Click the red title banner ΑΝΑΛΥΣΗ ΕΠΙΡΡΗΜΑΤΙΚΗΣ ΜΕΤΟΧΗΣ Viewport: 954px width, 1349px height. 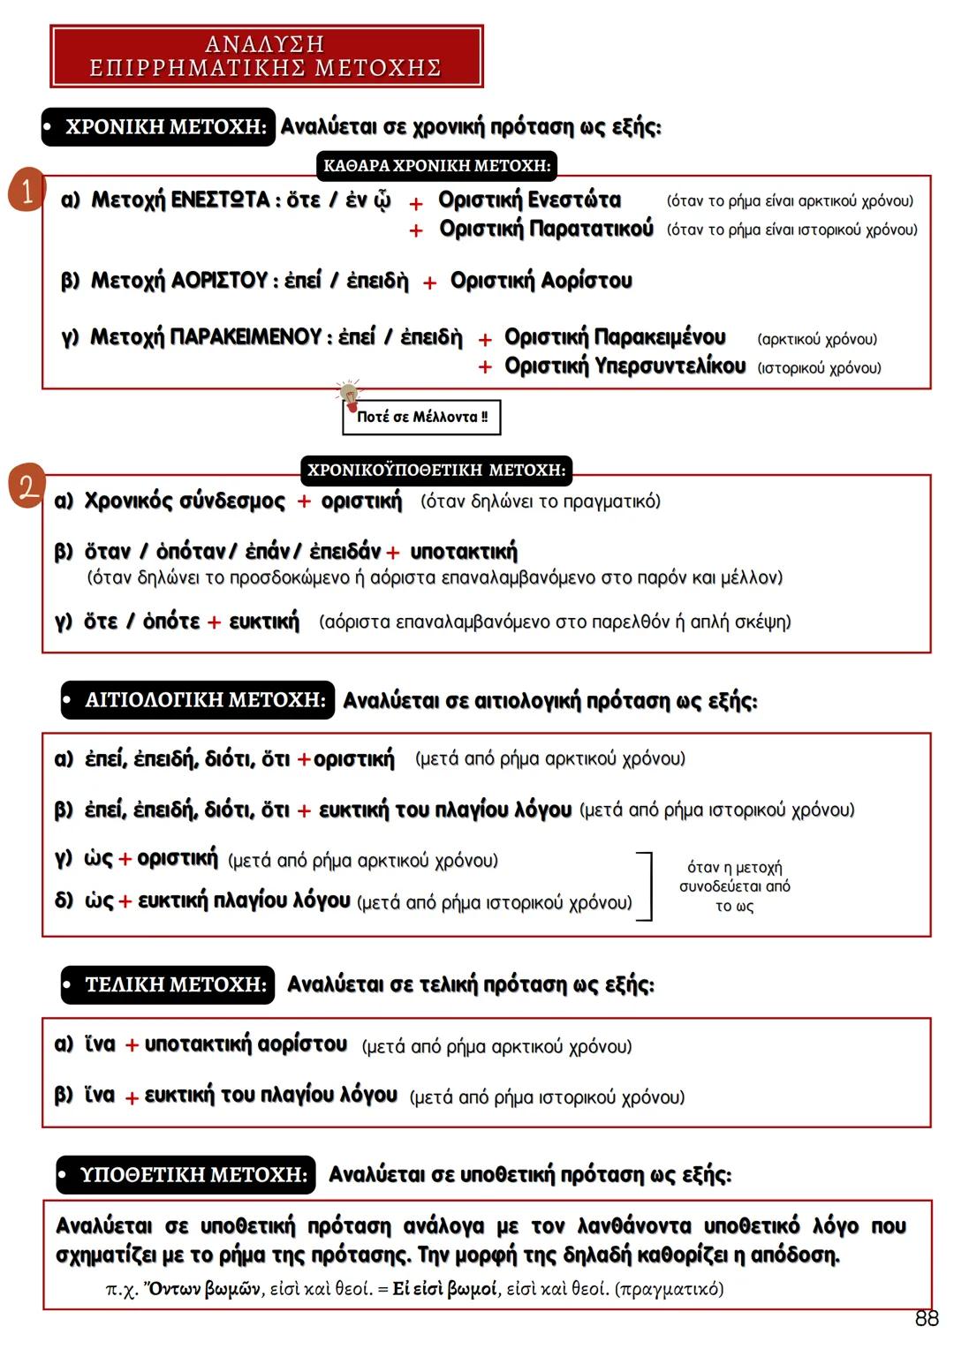click(x=266, y=57)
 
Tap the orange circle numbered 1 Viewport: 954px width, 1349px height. click(x=26, y=191)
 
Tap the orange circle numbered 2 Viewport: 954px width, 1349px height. click(x=27, y=486)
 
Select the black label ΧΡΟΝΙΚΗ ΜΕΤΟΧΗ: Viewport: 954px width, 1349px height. click(x=158, y=127)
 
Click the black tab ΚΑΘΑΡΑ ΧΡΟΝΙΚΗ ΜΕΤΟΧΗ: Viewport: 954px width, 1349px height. click(x=436, y=166)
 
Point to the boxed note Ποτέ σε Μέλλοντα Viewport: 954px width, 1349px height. click(x=421, y=418)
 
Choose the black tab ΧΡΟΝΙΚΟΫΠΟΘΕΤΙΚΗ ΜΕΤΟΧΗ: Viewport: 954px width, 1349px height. click(x=436, y=471)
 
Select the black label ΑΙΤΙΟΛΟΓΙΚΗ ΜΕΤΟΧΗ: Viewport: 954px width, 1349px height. click(x=198, y=700)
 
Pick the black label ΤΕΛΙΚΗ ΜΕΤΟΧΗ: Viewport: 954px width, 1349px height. click(x=168, y=984)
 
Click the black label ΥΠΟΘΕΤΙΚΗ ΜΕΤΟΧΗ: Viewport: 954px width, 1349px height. click(x=185, y=1175)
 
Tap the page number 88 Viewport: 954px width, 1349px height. click(x=927, y=1319)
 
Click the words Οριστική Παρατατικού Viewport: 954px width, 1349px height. click(x=546, y=230)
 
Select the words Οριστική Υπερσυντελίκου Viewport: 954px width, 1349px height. click(x=625, y=366)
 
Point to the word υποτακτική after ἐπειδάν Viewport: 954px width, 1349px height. click(x=464, y=553)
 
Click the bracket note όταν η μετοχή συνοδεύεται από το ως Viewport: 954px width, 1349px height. click(x=734, y=886)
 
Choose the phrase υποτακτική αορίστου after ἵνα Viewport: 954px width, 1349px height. click(x=246, y=1044)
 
